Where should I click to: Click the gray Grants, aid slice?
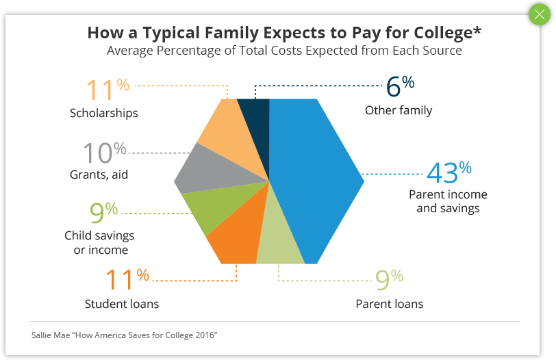[205, 171]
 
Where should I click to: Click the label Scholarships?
[104, 113]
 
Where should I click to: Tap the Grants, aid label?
[99, 175]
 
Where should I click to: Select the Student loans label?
[122, 303]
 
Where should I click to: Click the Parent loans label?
[390, 303]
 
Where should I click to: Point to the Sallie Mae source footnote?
[125, 335]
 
